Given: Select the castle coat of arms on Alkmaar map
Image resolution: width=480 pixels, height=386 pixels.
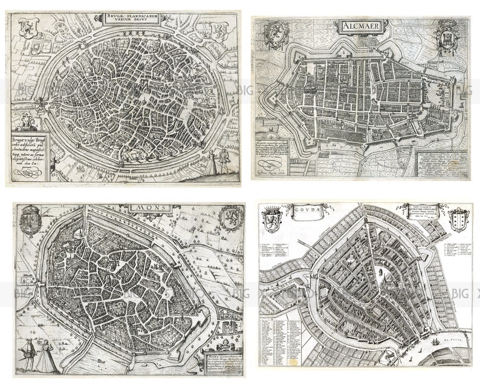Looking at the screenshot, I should [449, 34].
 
